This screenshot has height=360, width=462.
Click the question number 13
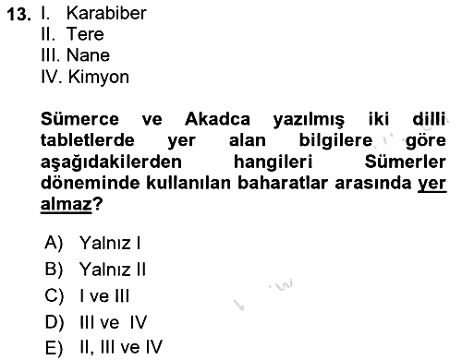tap(18, 15)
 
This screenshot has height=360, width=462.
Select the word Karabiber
tap(106, 13)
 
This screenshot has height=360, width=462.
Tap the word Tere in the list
tap(85, 34)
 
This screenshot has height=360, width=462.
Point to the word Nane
tap(88, 55)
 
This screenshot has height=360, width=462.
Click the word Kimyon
tap(98, 78)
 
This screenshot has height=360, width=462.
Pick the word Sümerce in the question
tap(79, 119)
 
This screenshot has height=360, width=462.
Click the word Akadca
tap(217, 119)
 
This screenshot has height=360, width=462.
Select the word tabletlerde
tap(88, 140)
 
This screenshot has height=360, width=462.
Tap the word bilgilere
tap(335, 140)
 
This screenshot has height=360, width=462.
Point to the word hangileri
tap(274, 162)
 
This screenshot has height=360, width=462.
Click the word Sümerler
tap(406, 162)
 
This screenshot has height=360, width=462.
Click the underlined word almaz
tap(67, 204)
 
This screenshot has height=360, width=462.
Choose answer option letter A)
tap(54, 243)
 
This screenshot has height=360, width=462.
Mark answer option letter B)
tap(54, 270)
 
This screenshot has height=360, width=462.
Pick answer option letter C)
tap(55, 296)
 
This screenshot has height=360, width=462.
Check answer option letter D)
tap(55, 322)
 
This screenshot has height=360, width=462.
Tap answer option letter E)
tap(54, 348)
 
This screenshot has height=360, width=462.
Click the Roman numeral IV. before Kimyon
tap(52, 77)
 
